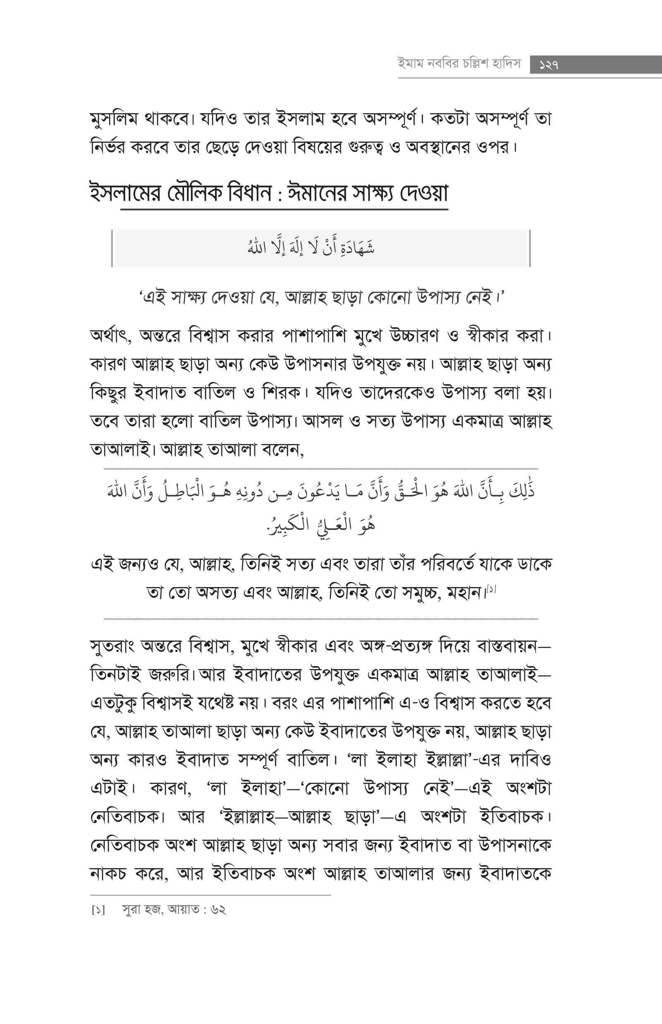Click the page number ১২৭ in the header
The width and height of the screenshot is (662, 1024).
[549, 65]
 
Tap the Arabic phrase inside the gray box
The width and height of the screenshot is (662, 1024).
[311, 248]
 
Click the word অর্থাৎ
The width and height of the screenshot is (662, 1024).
[111, 336]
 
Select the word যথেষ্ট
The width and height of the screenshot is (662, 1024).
[221, 704]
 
